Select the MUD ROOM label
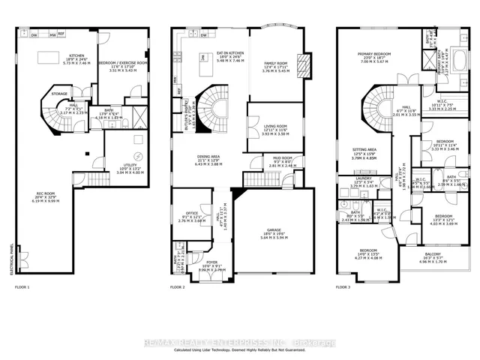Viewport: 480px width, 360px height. (x=282, y=158)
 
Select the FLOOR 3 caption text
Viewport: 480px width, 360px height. (x=343, y=287)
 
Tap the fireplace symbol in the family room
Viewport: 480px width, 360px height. (x=304, y=62)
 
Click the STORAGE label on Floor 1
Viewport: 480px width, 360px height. (x=59, y=94)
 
